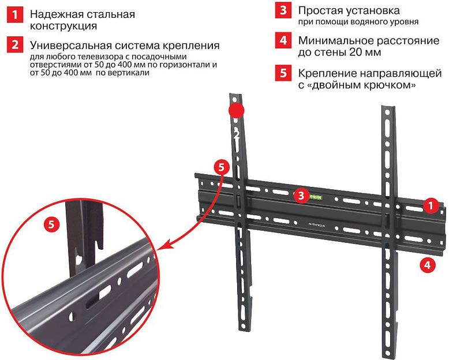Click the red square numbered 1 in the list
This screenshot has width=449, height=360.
pyautogui.click(x=12, y=15)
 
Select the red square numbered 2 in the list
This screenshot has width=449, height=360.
pyautogui.click(x=12, y=45)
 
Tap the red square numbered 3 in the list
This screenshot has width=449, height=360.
pyautogui.click(x=282, y=11)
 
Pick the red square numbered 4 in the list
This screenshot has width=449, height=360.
pyautogui.click(x=282, y=41)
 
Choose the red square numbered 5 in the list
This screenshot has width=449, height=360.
pyautogui.click(x=282, y=74)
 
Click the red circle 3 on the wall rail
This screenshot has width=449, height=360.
pyautogui.click(x=300, y=196)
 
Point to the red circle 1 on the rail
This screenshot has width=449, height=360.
pyautogui.click(x=429, y=205)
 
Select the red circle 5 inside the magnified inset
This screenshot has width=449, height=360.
pyautogui.click(x=52, y=224)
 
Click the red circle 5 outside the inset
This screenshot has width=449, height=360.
pyautogui.click(x=222, y=167)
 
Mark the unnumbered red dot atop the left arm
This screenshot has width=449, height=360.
pyautogui.click(x=236, y=110)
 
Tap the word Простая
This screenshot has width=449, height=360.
pyautogui.click(x=321, y=10)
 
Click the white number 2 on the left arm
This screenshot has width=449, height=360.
pyautogui.click(x=235, y=134)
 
